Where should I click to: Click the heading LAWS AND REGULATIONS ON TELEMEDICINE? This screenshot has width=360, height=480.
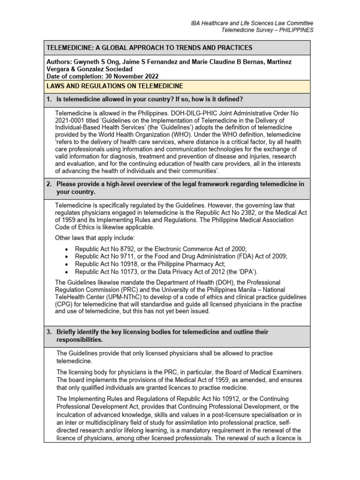click(x=114, y=86)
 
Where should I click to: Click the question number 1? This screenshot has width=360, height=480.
click(x=49, y=99)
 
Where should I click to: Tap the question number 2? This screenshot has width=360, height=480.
click(x=49, y=184)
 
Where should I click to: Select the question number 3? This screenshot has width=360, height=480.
click(x=49, y=332)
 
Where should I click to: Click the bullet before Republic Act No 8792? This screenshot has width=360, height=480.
click(x=66, y=248)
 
